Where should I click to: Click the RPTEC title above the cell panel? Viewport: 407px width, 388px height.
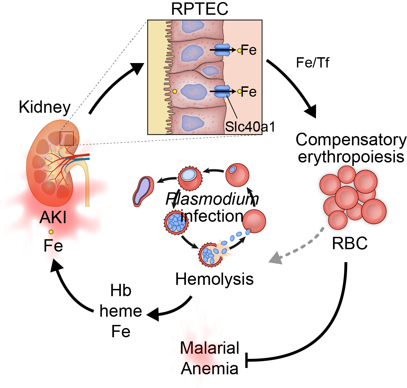tap(200, 9)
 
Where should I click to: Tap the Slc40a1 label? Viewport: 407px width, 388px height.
tap(250, 127)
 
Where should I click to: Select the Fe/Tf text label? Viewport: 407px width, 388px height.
tap(313, 63)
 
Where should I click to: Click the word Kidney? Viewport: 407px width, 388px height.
tap(44, 107)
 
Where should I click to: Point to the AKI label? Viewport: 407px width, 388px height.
tap(53, 217)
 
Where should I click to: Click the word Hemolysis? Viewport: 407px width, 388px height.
tap(214, 279)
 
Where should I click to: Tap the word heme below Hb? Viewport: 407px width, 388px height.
tap(121, 311)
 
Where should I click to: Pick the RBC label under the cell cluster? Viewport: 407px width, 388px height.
tap(349, 243)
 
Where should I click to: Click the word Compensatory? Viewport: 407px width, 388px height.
tap(351, 140)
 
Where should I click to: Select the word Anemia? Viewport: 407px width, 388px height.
tap(209, 369)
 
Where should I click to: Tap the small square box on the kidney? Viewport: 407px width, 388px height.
tap(67, 138)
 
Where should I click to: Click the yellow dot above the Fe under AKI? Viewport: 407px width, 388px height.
tap(51, 232)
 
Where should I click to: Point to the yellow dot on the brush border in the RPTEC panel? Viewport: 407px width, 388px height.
tap(175, 91)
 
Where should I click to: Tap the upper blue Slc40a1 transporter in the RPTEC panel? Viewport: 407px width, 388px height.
tap(222, 50)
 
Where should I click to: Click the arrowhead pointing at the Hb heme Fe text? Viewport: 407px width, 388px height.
tap(153, 314)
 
